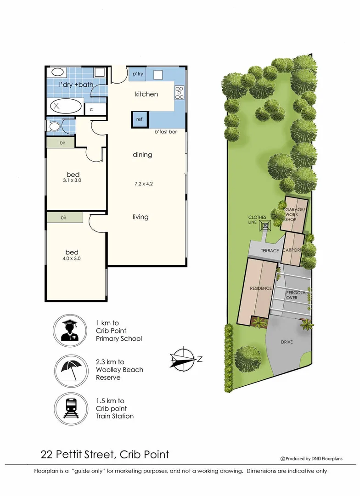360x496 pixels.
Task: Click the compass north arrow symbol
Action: (184, 359)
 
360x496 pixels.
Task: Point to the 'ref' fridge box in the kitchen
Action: (140, 119)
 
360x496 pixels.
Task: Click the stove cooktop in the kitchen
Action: (179, 93)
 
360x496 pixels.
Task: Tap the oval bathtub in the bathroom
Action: (65, 107)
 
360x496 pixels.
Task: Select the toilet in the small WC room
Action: (55, 126)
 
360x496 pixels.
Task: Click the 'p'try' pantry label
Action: (138, 74)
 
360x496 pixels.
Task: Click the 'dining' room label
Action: (142, 155)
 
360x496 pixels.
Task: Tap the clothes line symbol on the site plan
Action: (265, 225)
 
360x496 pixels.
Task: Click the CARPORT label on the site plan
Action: (292, 250)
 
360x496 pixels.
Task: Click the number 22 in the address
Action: (46, 455)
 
